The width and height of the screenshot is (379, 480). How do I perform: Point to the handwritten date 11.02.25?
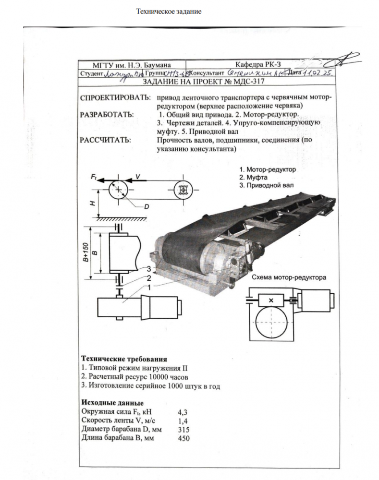tap(318, 73)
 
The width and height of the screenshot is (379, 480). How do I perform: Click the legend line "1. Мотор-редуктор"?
tap(268, 169)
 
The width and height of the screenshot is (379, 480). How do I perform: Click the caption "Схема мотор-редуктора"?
tap(289, 277)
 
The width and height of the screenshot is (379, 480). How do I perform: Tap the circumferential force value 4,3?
tap(182, 412)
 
